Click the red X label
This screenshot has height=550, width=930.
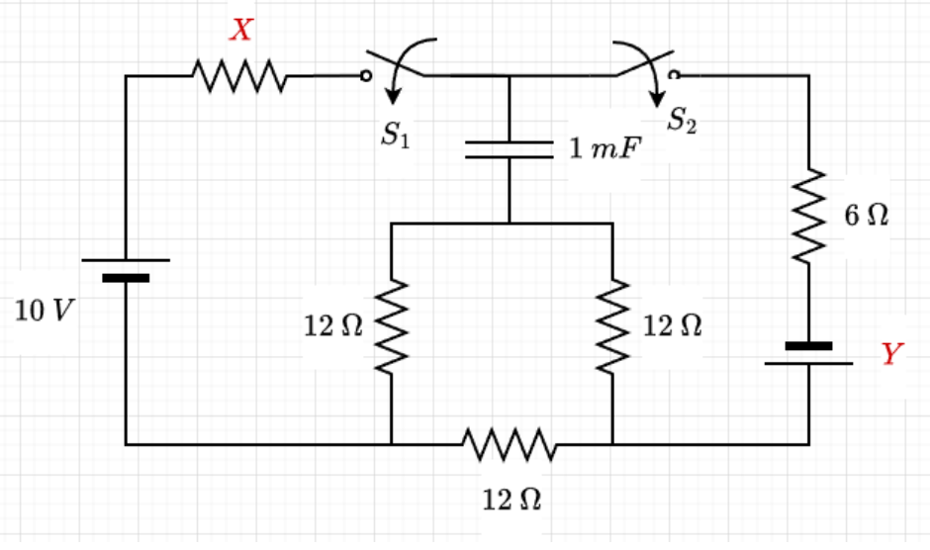[241, 31]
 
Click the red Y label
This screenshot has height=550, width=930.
[892, 354]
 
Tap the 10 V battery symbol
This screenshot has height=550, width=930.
[126, 269]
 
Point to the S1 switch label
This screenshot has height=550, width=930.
[396, 137]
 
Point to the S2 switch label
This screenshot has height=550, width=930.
[682, 121]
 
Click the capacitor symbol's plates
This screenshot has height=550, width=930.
[509, 149]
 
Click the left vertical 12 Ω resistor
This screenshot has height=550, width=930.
[393, 326]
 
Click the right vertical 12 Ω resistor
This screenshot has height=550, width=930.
[613, 326]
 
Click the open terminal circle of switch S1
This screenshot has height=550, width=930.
[366, 75]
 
